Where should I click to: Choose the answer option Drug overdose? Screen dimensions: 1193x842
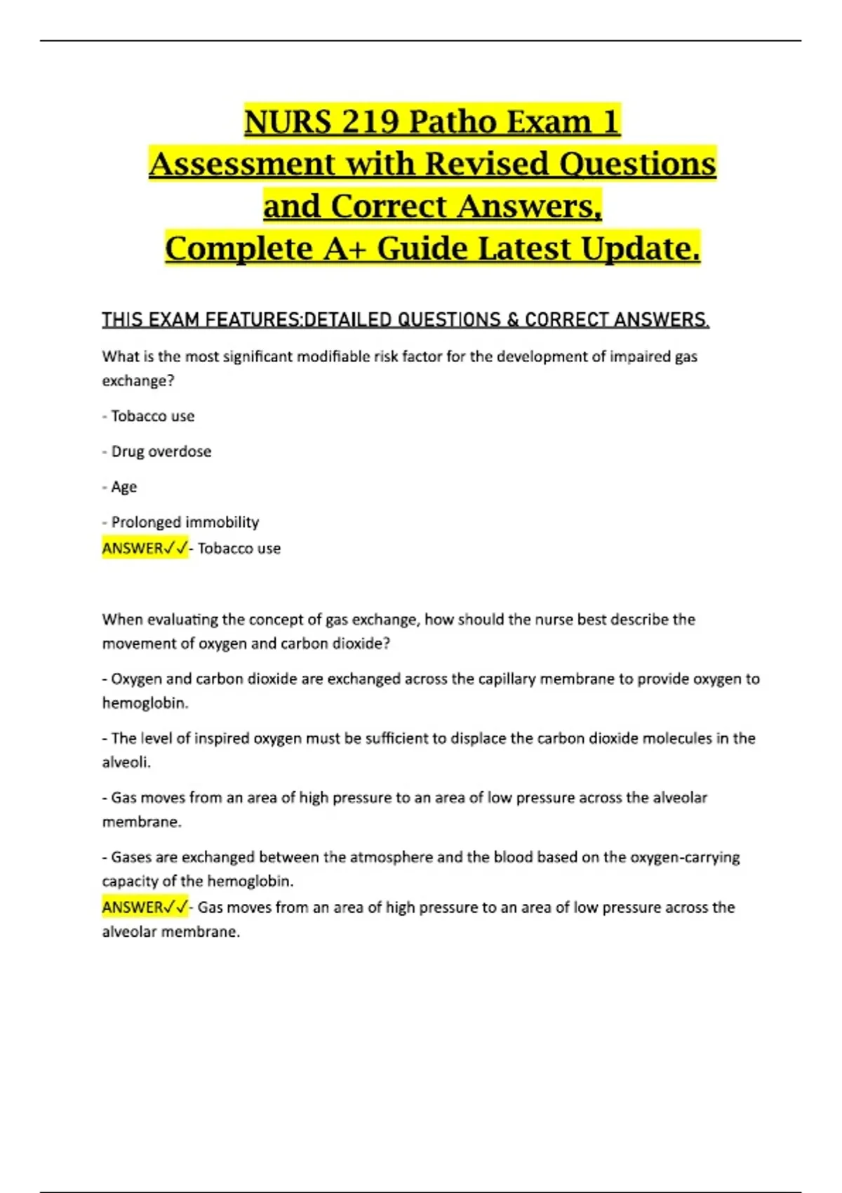click(x=161, y=451)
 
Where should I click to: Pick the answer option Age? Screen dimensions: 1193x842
click(x=123, y=487)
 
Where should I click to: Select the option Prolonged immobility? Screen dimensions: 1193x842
click(x=185, y=522)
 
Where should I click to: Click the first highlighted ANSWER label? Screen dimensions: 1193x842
click(x=145, y=548)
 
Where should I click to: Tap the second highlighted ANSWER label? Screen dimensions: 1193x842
click(x=145, y=907)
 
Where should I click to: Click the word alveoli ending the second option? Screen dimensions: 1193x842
click(x=126, y=762)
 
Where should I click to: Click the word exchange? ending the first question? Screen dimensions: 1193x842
click(x=138, y=380)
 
